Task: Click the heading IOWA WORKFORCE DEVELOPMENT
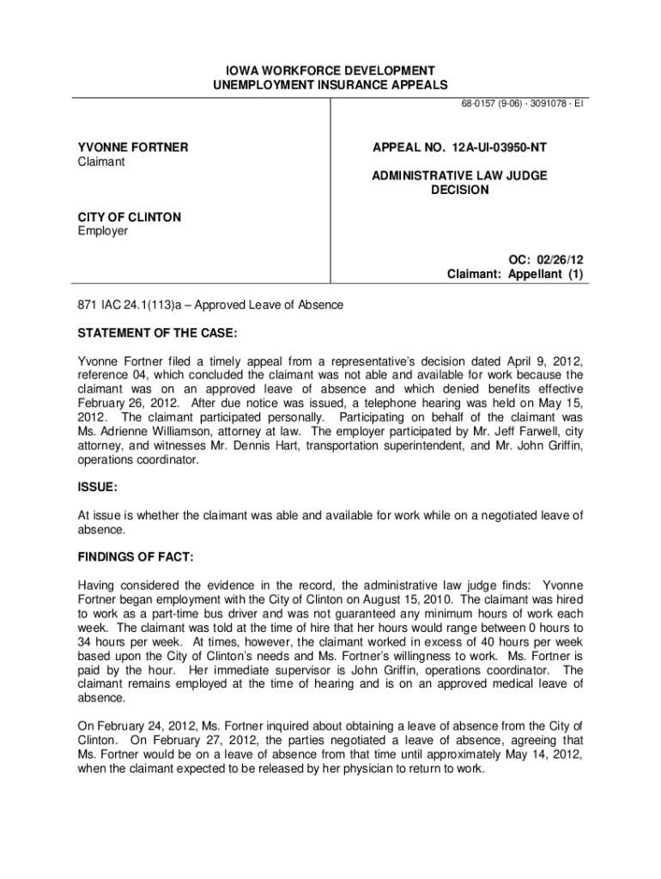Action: point(330,70)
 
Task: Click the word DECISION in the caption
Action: point(459,190)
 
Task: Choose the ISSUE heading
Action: point(97,487)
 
